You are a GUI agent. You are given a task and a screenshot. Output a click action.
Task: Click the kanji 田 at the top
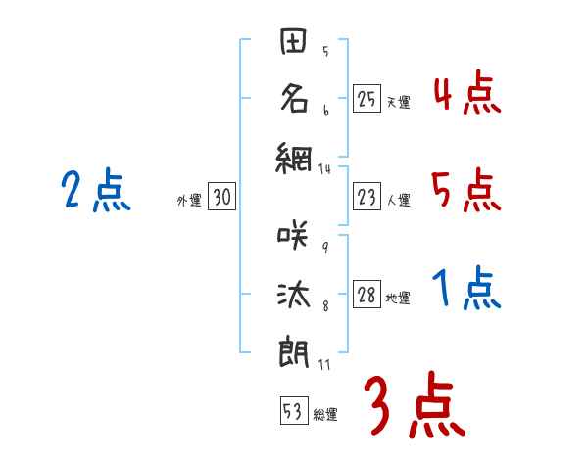tap(295, 44)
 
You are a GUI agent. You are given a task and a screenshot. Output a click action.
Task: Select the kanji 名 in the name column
tap(295, 98)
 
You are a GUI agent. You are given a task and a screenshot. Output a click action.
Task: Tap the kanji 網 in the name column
tap(295, 154)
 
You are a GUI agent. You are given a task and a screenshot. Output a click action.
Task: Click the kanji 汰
tap(295, 294)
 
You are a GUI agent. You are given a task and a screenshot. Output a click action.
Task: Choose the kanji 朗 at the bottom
tap(295, 349)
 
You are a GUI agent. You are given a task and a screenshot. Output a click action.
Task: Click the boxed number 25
tap(367, 99)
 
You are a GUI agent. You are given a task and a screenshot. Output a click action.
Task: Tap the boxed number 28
tap(367, 297)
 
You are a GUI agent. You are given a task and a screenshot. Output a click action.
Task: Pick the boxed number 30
tap(221, 198)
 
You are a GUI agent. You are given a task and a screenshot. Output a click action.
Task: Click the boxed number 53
tap(293, 411)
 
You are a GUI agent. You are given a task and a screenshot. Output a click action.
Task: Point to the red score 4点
tap(465, 94)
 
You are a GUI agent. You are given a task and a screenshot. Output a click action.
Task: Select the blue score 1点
tap(465, 290)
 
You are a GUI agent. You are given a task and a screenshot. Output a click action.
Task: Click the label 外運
tap(188, 201)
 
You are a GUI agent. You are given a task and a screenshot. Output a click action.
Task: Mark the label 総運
tap(325, 415)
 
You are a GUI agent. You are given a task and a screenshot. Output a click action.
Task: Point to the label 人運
tap(398, 201)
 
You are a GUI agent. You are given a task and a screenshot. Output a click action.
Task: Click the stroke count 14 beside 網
tap(325, 169)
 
